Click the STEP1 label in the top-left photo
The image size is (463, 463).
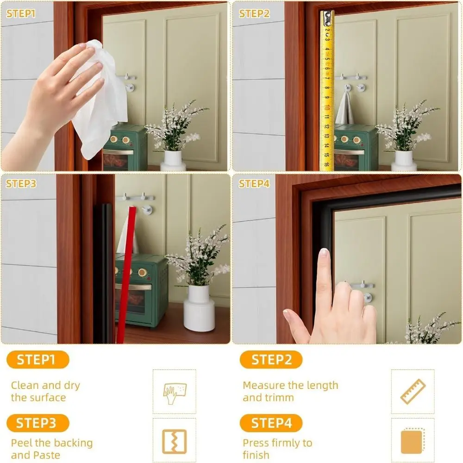pos(20,13)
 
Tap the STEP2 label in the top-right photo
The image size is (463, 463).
pos(254,13)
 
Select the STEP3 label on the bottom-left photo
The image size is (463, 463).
pos(21,184)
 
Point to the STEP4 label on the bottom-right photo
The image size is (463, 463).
pos(254,184)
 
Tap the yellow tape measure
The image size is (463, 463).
pos(327,93)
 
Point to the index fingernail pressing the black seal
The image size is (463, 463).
pos(324,254)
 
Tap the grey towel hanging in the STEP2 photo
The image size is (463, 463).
pos(345,109)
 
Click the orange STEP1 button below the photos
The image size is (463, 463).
pos(38,360)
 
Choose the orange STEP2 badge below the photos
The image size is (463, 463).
pos(271,360)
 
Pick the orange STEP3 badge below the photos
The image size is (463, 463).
pos(38,423)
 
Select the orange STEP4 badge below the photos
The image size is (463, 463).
pos(271,423)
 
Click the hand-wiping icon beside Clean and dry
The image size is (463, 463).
pos(175,392)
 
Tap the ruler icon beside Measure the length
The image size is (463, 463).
pos(413,392)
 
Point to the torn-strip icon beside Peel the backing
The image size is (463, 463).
pos(175,441)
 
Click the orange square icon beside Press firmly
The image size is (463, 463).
pos(413,441)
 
